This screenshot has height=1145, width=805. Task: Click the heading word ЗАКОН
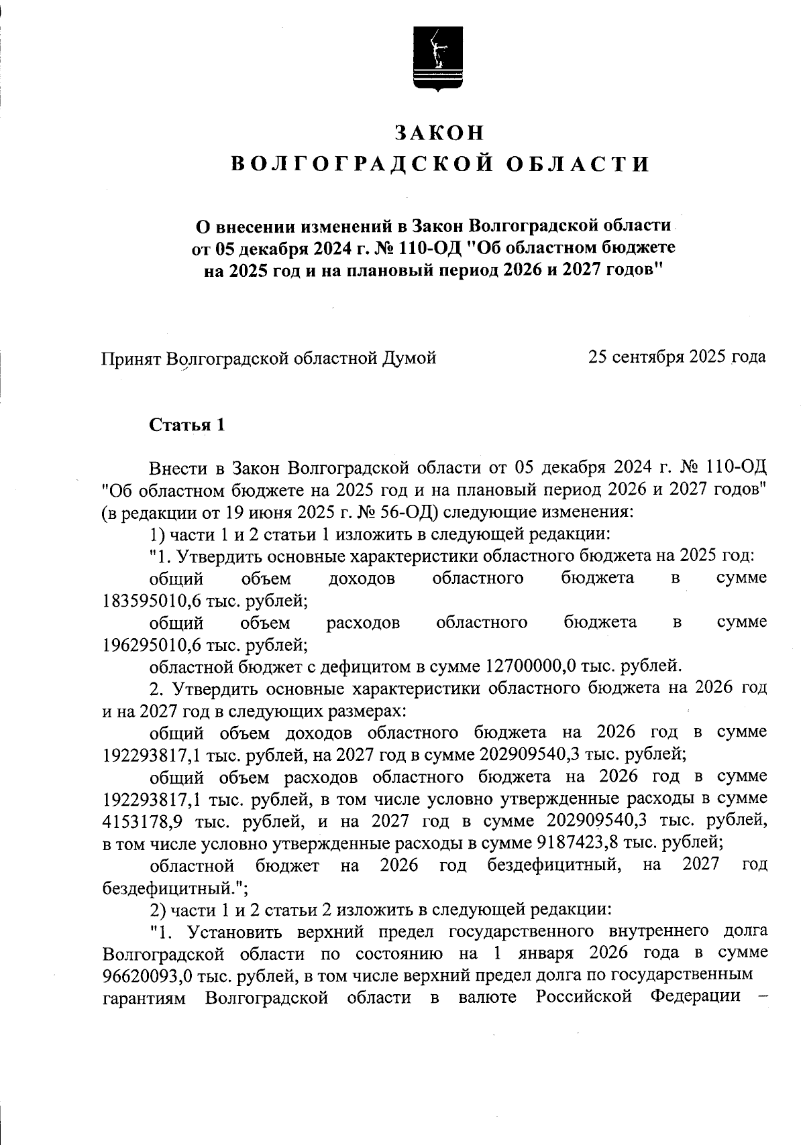pos(439,133)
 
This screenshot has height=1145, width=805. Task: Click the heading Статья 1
pos(186,425)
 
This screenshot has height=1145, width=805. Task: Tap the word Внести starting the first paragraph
pos(177,467)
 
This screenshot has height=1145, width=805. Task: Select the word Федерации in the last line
pos(695,998)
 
